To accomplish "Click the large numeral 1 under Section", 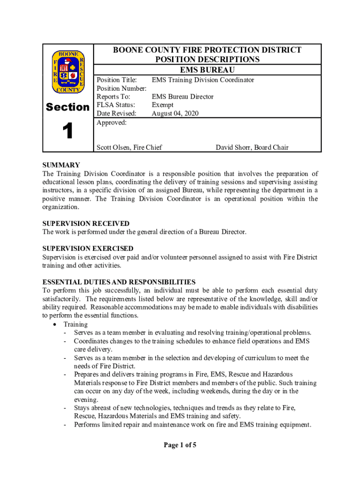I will pos(68,131).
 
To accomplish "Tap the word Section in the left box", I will pos(68,107).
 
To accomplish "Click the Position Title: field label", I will pos(116,80).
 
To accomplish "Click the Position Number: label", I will pos(122,88).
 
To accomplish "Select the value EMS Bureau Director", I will pos(182,97).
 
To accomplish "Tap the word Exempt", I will pos(162,105).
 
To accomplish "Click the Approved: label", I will pos(111,123).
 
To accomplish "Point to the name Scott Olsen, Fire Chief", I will pos(129,147).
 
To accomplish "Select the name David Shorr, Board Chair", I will pos(252,147).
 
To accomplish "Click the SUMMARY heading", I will pos(61,165).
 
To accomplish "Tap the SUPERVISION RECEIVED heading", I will pos(86,224).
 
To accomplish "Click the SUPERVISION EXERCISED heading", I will pos(88,249).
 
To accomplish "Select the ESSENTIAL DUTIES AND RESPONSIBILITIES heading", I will pos(119,282).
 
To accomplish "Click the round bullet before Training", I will pos(56,324).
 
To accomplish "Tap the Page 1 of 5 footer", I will pos(180,445).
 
